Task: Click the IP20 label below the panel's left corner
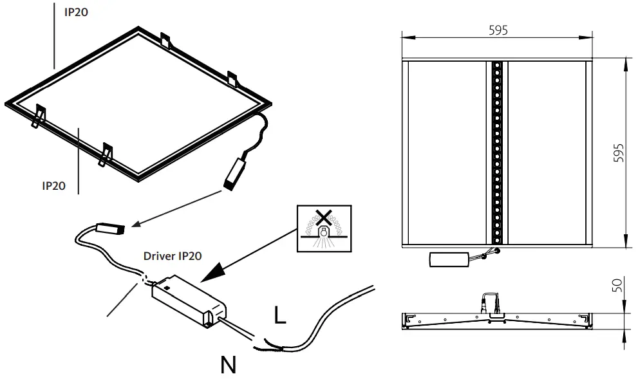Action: pyautogui.click(x=54, y=185)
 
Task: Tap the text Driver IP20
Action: pyautogui.click(x=173, y=255)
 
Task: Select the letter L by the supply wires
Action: pyautogui.click(x=279, y=315)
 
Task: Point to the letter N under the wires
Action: pyautogui.click(x=228, y=365)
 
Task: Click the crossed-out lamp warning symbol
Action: pyautogui.click(x=324, y=228)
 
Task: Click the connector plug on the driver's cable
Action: pyautogui.click(x=109, y=228)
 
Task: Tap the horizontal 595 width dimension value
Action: pyautogui.click(x=496, y=30)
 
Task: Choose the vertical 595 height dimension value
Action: pyautogui.click(x=619, y=153)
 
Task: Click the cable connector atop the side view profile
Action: pyautogui.click(x=488, y=302)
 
